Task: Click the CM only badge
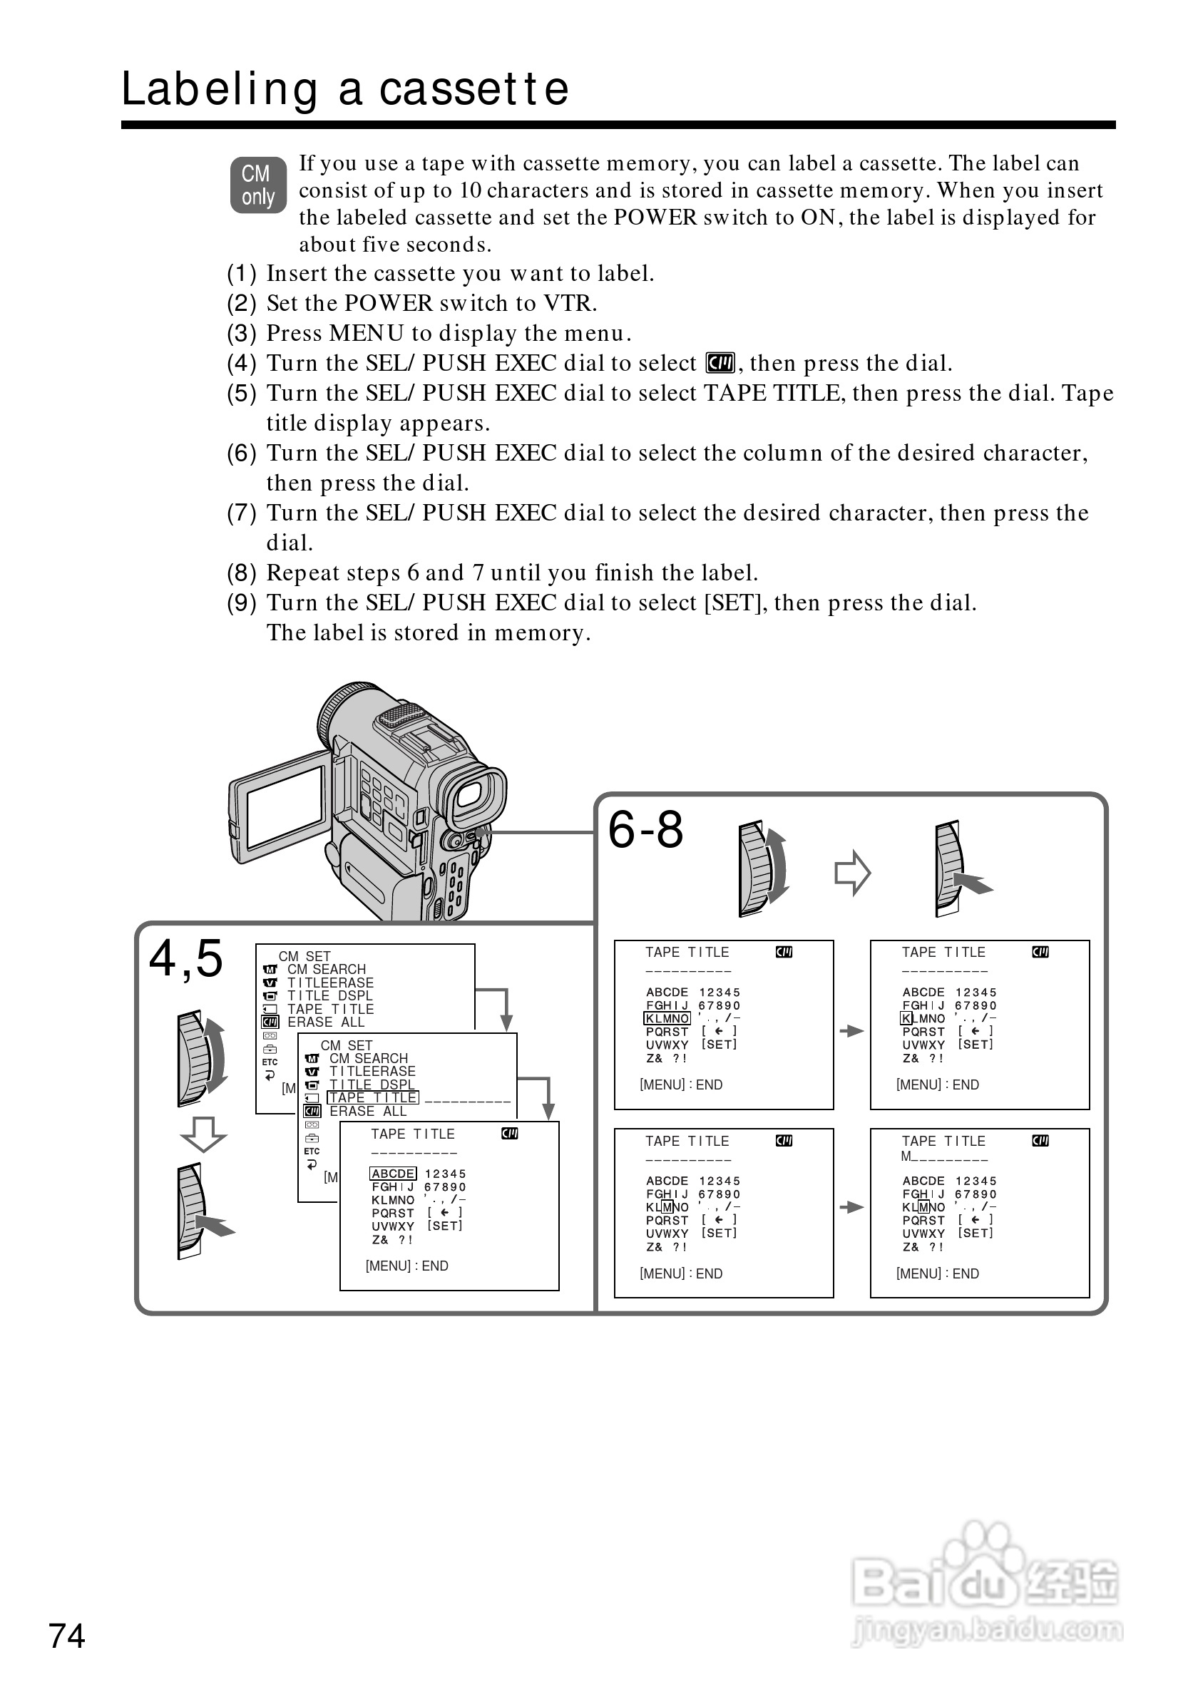pyautogui.click(x=258, y=185)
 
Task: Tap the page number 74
pyautogui.click(x=66, y=1636)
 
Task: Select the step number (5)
pyautogui.click(x=242, y=393)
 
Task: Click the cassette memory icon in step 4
pyautogui.click(x=720, y=363)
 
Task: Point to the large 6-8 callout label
pyautogui.click(x=645, y=829)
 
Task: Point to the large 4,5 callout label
pyautogui.click(x=185, y=958)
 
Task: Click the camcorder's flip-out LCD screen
pyautogui.click(x=285, y=807)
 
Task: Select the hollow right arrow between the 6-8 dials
pyautogui.click(x=853, y=873)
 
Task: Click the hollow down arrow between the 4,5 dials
pyautogui.click(x=203, y=1134)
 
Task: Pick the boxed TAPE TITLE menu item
pyautogui.click(x=373, y=1097)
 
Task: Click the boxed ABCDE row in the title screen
pyautogui.click(x=392, y=1173)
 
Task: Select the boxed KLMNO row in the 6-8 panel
pyautogui.click(x=667, y=1018)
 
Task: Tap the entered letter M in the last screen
pyautogui.click(x=906, y=1156)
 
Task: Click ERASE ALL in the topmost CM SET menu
pyautogui.click(x=326, y=1022)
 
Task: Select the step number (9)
pyautogui.click(x=242, y=603)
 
